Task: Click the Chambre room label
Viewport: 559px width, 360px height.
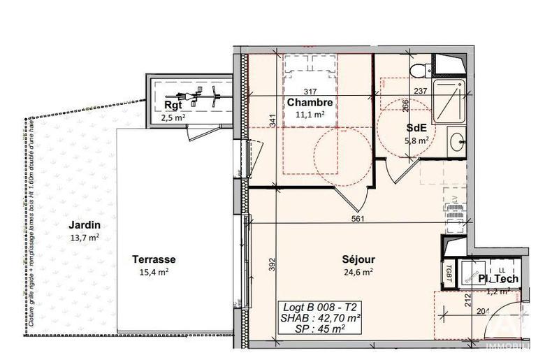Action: coord(310,103)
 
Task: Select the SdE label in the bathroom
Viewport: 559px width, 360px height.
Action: coord(417,129)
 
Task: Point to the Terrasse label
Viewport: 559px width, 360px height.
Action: coord(153,259)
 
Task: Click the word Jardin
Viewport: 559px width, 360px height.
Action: coord(84,225)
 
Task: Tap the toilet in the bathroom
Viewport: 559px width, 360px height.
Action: coord(420,69)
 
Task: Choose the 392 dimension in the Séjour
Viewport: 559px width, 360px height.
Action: coord(272,264)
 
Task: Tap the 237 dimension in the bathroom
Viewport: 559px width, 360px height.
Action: coord(420,92)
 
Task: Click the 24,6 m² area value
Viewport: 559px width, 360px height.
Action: coord(358,272)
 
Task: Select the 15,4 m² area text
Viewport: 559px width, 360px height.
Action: coord(154,272)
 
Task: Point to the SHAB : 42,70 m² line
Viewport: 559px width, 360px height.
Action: coord(321,317)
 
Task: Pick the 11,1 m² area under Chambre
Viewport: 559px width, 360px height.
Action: coord(309,114)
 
